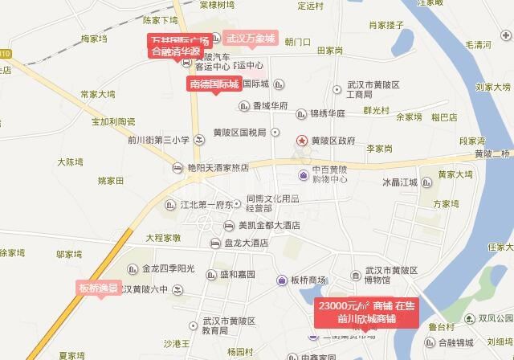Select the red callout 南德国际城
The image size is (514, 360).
[x=214, y=83]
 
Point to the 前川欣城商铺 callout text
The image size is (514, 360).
[x=366, y=319]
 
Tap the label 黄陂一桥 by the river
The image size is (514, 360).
[x=492, y=154]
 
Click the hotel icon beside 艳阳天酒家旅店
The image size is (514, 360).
[x=178, y=167]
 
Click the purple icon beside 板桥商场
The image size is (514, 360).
[x=282, y=280]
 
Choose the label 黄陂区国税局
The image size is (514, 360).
[x=243, y=133]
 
